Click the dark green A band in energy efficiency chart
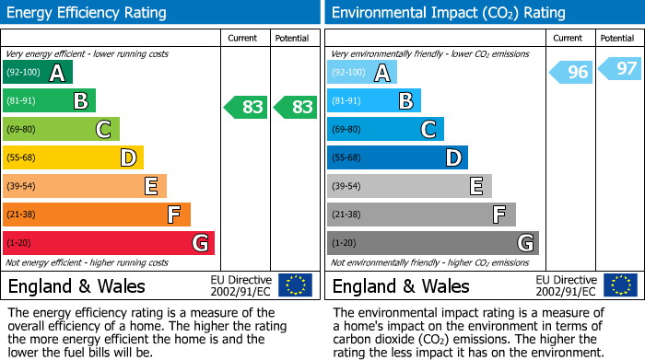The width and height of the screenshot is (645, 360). [37, 72]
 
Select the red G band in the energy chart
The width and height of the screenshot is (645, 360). [108, 243]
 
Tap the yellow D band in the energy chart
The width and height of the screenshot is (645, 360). [73, 157]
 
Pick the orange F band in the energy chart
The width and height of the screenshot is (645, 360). [96, 215]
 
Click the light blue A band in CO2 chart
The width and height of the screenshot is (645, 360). [361, 72]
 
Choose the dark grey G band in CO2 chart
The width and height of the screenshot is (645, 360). [432, 243]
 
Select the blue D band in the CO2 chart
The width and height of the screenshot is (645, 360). [397, 157]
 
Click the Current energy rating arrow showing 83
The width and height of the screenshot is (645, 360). [246, 107]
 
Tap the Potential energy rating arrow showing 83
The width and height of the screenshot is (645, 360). [296, 107]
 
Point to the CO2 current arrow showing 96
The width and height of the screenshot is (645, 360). [571, 73]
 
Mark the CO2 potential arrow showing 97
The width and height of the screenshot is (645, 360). [620, 69]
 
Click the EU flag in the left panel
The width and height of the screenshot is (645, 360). [295, 285]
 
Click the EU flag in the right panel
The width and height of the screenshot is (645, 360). [620, 285]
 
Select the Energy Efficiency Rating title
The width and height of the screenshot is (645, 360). [88, 13]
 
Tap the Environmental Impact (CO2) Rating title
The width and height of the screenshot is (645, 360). [448, 13]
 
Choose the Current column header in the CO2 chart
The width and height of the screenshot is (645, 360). [569, 38]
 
